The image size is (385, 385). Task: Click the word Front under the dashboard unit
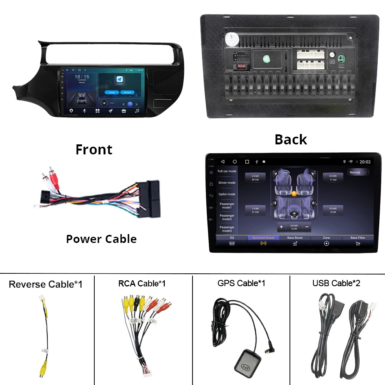[x=94, y=149]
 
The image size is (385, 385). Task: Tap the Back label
[x=291, y=139]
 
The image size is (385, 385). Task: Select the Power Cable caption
[x=101, y=239]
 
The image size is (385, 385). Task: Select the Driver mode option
[x=227, y=183]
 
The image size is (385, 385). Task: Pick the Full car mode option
[x=227, y=171]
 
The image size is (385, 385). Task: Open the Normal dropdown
[x=358, y=172]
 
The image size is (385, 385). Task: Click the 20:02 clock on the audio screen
[x=365, y=162]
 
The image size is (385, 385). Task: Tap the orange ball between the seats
[x=294, y=193]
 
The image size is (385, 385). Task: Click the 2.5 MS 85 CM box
[x=255, y=177]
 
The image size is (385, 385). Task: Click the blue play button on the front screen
[x=131, y=104]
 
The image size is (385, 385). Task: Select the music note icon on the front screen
[x=137, y=111]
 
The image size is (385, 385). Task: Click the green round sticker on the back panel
[x=266, y=59]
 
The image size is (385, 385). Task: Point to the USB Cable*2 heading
[x=336, y=283]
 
